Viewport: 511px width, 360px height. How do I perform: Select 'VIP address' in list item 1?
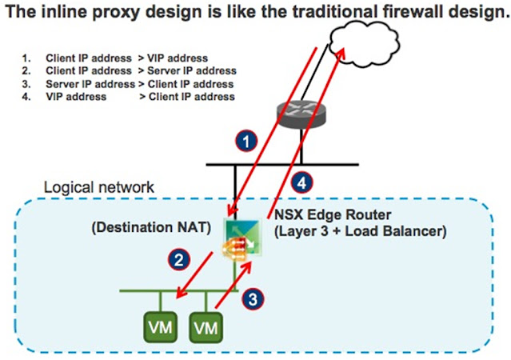[x=177, y=58]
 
